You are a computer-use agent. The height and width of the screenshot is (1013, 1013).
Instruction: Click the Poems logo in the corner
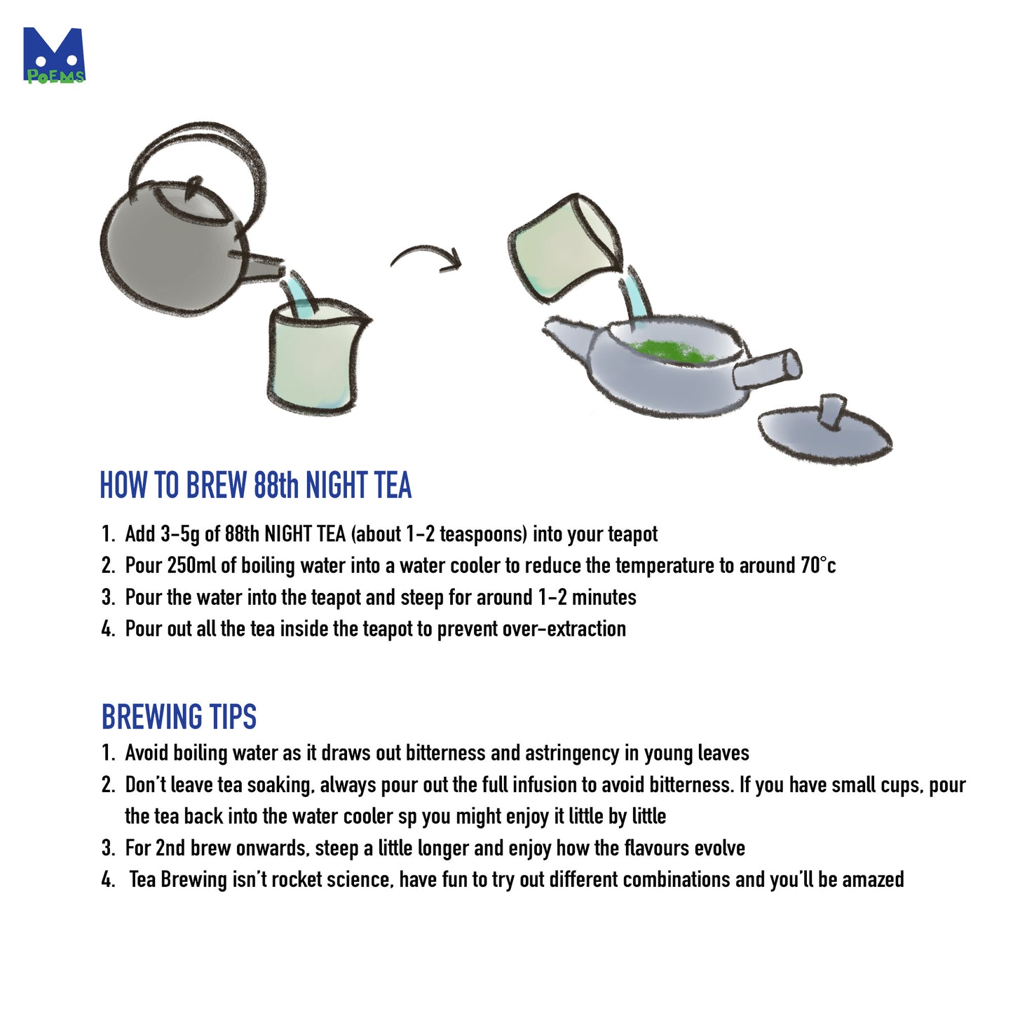(54, 56)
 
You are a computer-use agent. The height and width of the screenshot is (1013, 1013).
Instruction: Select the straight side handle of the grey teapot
(768, 369)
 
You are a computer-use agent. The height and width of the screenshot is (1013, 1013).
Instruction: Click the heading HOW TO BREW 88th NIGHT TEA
(255, 486)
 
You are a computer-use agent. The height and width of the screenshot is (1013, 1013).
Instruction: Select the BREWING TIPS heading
(179, 716)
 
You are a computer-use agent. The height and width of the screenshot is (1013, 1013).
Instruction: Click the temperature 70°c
(817, 566)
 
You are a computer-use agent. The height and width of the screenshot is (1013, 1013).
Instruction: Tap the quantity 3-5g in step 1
(180, 534)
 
